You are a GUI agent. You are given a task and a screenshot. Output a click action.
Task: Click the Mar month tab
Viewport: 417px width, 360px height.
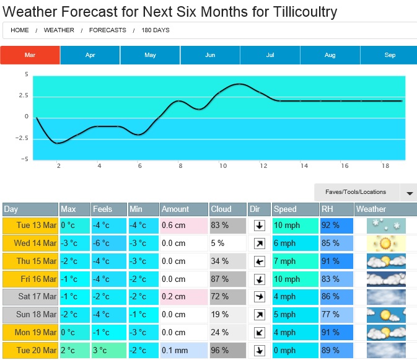[x=30, y=55]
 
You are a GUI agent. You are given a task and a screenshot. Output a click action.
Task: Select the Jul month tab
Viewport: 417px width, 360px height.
[x=270, y=55]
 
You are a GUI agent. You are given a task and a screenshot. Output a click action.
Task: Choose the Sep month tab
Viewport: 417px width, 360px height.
[x=390, y=55]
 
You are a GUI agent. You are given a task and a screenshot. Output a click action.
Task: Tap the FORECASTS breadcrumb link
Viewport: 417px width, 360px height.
[x=107, y=30]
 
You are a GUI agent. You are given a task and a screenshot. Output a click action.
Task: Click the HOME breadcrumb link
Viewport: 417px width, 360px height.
[x=20, y=30]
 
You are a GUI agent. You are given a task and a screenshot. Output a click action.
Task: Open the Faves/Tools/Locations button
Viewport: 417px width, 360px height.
[x=357, y=192]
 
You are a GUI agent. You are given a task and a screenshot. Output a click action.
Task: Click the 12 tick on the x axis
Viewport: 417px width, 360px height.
[x=263, y=166]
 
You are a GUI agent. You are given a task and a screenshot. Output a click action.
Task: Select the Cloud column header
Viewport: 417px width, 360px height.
[x=227, y=209]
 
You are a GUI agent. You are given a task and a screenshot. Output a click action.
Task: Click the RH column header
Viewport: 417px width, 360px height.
[x=336, y=209]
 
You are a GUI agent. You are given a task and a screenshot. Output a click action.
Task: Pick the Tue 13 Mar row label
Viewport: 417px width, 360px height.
[x=30, y=226]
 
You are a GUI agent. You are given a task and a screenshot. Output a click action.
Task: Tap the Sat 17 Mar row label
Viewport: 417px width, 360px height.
[x=30, y=297]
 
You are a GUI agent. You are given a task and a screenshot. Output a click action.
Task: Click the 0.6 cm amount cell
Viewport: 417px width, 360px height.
[x=183, y=226]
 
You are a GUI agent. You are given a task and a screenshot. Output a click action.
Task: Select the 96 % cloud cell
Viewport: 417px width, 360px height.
[x=227, y=350]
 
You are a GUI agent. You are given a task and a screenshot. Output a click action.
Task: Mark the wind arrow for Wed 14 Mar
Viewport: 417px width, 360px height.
[x=260, y=244]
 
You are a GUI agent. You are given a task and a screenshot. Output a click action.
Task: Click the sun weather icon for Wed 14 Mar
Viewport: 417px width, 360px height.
[x=386, y=243]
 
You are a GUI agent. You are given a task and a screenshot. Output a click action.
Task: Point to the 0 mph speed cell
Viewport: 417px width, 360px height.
[x=295, y=350]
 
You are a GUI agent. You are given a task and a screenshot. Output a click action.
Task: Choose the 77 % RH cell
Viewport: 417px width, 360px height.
[x=336, y=315]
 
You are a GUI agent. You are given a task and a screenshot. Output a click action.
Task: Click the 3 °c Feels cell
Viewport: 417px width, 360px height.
[x=109, y=350]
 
